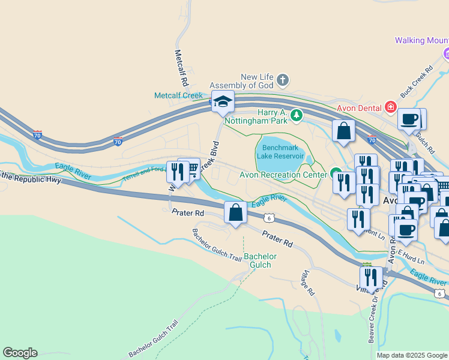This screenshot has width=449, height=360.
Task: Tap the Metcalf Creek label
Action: (179, 95)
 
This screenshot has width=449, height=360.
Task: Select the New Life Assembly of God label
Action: (257, 81)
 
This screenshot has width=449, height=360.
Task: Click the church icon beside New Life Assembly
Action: (283, 80)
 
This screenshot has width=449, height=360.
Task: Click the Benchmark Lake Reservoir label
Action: (280, 152)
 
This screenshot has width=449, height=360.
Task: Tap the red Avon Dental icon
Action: (391, 107)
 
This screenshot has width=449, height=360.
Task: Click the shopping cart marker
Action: (190, 170)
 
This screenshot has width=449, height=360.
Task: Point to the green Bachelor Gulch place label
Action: (261, 260)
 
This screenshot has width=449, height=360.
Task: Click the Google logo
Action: (20, 353)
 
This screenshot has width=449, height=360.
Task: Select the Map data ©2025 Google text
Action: (412, 355)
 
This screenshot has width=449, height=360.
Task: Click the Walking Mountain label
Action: (421, 41)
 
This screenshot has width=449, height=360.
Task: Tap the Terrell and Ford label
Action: (144, 175)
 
